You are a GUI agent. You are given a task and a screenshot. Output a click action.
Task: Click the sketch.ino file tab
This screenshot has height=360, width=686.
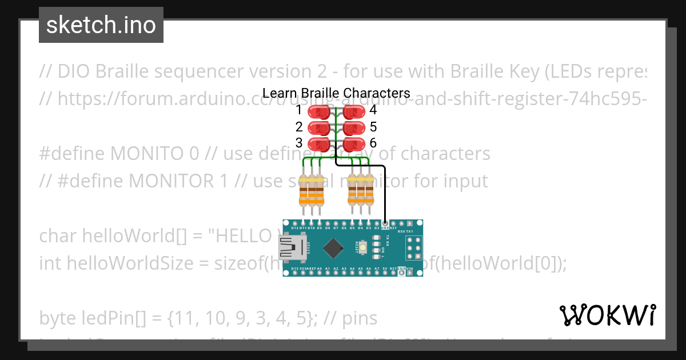[x=101, y=25]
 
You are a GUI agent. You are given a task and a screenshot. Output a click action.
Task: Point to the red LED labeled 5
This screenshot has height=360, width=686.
[x=354, y=127]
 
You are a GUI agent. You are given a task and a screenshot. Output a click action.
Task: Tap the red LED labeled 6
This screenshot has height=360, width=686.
[x=354, y=143]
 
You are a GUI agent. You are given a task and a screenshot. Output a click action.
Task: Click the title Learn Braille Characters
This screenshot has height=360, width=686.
[x=336, y=93]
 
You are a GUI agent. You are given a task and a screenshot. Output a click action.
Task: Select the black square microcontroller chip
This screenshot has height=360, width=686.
[x=333, y=248]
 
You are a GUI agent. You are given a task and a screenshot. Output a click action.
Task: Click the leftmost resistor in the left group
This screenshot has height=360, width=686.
[x=303, y=191]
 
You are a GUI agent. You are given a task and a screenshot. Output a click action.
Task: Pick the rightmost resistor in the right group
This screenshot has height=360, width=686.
[x=369, y=190]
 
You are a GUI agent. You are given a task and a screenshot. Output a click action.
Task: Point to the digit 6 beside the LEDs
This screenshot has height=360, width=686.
[x=373, y=143]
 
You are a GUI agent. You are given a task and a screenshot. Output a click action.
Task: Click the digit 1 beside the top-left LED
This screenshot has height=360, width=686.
[x=299, y=110]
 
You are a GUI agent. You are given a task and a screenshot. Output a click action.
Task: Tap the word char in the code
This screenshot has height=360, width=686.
[x=59, y=235]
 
